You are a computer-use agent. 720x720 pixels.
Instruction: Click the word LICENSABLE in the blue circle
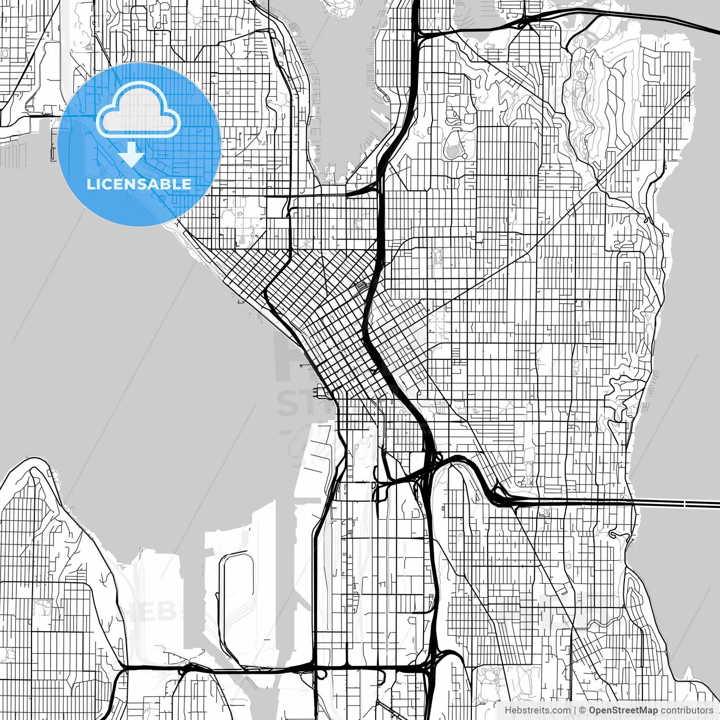139,184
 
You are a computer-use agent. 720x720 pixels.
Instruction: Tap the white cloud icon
138,111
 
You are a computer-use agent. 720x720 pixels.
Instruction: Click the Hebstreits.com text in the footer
537,710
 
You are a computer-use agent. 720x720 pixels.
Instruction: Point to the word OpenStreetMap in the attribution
623,710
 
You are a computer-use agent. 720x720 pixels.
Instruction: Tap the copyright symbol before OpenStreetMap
583,710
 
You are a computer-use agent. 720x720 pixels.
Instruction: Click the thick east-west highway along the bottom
270,669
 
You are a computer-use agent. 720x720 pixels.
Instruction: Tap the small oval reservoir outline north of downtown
452,150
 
